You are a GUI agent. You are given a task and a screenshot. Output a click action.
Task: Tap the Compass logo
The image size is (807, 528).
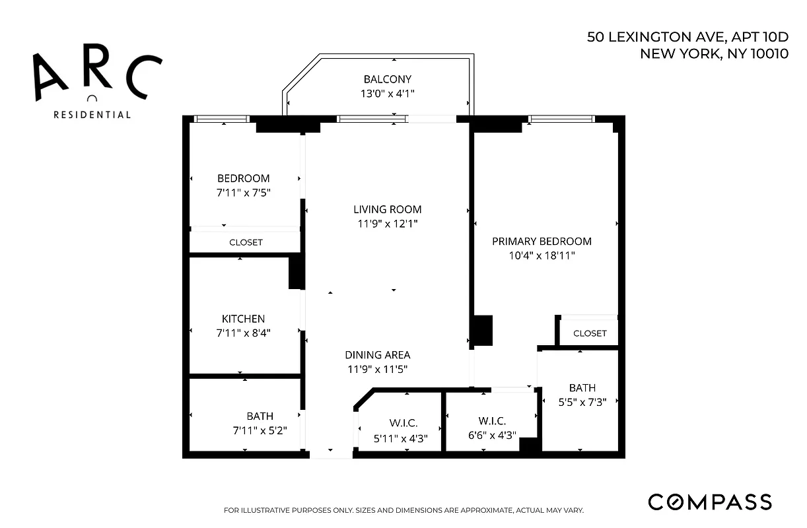[709, 502]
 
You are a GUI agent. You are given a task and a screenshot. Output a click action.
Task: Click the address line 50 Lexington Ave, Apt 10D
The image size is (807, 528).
[687, 37]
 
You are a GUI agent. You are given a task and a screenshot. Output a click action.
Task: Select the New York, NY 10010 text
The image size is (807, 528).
[714, 54]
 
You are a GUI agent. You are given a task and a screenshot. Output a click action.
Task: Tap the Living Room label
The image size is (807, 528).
[387, 209]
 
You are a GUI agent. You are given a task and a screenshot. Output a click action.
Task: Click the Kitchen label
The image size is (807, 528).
[243, 319]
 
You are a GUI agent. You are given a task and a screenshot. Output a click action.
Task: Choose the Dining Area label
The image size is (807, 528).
[377, 355]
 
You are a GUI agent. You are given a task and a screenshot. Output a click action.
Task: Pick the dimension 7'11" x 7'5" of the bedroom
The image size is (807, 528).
[244, 193]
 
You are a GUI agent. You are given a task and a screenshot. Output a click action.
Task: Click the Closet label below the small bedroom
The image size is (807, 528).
[246, 242]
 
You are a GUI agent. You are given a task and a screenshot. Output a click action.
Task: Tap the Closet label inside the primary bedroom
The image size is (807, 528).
[590, 333]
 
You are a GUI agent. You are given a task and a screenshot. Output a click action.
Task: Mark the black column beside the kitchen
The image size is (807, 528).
[296, 272]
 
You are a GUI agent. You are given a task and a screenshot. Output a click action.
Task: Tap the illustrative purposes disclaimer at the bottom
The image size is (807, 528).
[403, 510]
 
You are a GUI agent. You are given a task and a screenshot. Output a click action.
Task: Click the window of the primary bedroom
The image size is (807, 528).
[561, 119]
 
